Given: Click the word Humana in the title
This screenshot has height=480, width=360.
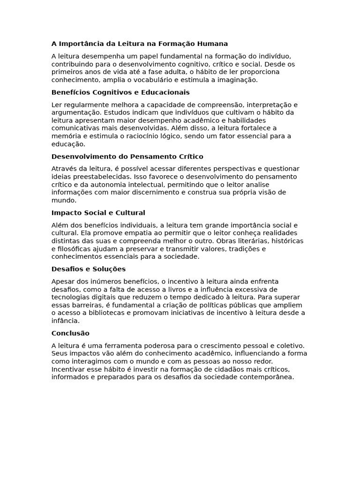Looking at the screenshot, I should (x=213, y=44).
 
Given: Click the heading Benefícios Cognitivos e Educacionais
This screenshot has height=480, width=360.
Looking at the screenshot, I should (x=120, y=92).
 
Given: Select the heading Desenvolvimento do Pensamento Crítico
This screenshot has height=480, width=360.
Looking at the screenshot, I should (x=127, y=157).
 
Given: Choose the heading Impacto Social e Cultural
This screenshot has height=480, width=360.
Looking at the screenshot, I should (x=98, y=213).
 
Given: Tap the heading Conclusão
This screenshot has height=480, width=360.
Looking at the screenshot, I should (x=70, y=333).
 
